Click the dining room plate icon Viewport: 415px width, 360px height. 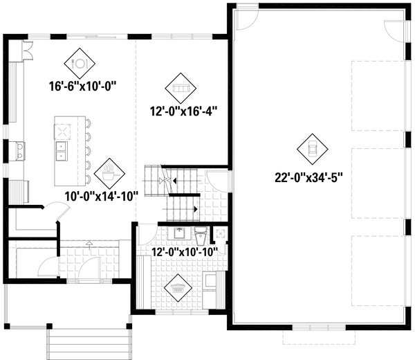pyautogui.click(x=79, y=63)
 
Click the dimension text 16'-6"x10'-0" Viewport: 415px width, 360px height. pyautogui.click(x=82, y=87)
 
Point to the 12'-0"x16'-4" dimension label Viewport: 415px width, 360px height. pyautogui.click(x=179, y=111)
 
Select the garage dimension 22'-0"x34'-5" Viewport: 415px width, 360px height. pyautogui.click(x=308, y=176)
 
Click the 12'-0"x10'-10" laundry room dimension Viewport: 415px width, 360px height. pyautogui.click(x=185, y=251)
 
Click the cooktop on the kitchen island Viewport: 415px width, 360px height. pyautogui.click(x=63, y=129)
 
